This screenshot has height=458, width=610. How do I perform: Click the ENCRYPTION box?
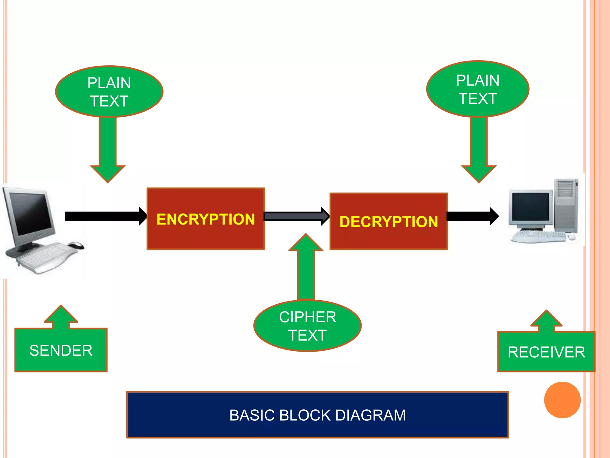pos(206,219)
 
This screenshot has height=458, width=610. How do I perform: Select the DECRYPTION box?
pos(389,222)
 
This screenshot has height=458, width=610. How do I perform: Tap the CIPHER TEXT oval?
pos(307,326)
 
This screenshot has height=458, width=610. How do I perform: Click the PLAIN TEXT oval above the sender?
pos(109,92)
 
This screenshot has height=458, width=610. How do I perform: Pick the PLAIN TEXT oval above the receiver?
pos(477,89)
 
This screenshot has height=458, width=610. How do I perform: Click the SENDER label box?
pos(61,350)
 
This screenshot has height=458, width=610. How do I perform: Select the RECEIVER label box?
pos(546,352)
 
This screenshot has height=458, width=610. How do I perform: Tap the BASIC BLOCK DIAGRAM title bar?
pos(318,415)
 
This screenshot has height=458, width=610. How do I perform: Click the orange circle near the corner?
pos(562,400)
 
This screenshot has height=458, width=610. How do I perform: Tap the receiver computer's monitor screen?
pos(530,207)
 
